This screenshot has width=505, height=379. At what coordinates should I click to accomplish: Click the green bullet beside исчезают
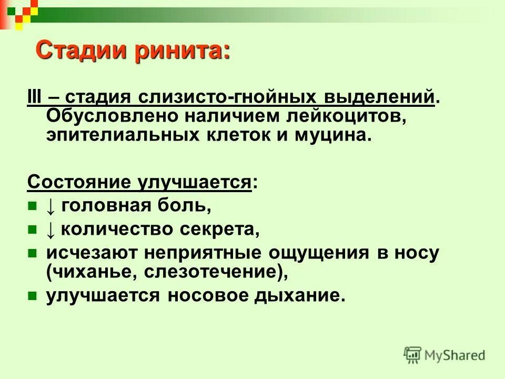32,253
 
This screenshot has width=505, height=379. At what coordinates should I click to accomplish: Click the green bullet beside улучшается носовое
32,295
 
